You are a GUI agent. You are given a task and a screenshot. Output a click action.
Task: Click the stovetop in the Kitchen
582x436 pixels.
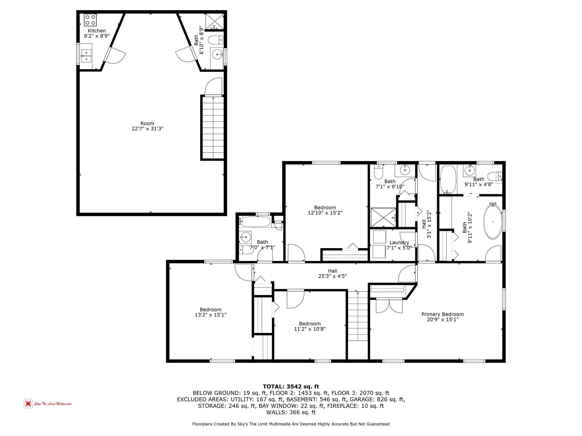(x=90, y=20)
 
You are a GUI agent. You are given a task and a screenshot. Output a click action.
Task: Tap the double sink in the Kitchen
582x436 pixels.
(x=86, y=56)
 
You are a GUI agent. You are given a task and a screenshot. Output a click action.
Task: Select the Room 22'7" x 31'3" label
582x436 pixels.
(x=147, y=126)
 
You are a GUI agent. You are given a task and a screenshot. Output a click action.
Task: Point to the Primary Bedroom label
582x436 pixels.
(x=442, y=317)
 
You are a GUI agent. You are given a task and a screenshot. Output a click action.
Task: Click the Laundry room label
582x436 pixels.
(x=399, y=243)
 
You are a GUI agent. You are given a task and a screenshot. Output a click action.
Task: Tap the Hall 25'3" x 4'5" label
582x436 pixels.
(x=332, y=274)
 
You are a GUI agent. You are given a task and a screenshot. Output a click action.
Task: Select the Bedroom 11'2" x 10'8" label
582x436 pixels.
(x=310, y=326)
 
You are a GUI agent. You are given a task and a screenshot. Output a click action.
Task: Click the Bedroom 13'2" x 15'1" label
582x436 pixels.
(x=210, y=312)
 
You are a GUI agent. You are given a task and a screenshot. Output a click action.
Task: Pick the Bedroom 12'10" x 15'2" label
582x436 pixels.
(x=325, y=210)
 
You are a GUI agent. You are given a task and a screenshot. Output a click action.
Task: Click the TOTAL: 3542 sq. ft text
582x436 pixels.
(x=291, y=386)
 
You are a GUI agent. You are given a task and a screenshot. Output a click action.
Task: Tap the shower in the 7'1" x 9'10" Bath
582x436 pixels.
(x=383, y=217)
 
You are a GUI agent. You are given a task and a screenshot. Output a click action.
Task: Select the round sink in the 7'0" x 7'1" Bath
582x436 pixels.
(x=246, y=236)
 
